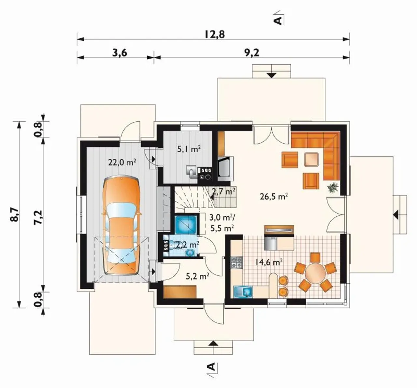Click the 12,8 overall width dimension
click(x=215, y=34)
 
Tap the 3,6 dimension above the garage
click(x=120, y=53)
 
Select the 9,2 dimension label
click(x=252, y=53)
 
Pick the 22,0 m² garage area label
click(x=122, y=162)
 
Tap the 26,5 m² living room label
click(x=274, y=196)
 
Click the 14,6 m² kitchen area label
click(x=269, y=262)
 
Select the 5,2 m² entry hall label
click(x=197, y=276)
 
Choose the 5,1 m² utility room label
click(x=189, y=149)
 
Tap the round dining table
click(x=315, y=272)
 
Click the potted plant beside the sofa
click(x=333, y=187)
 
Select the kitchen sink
click(x=243, y=292)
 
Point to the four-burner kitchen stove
click(x=237, y=262)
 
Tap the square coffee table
click(x=311, y=159)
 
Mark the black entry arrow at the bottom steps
click(x=213, y=344)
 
